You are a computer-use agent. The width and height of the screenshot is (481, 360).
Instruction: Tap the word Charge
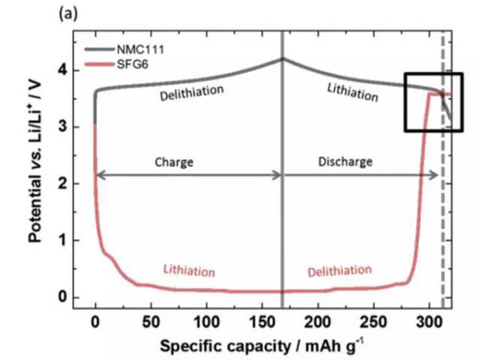(x=175, y=161)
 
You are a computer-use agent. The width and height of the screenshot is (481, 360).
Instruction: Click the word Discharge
(x=347, y=161)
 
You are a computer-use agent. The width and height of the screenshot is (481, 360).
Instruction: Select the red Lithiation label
(x=191, y=269)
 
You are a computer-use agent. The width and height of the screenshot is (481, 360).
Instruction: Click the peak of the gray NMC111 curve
(x=282, y=59)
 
